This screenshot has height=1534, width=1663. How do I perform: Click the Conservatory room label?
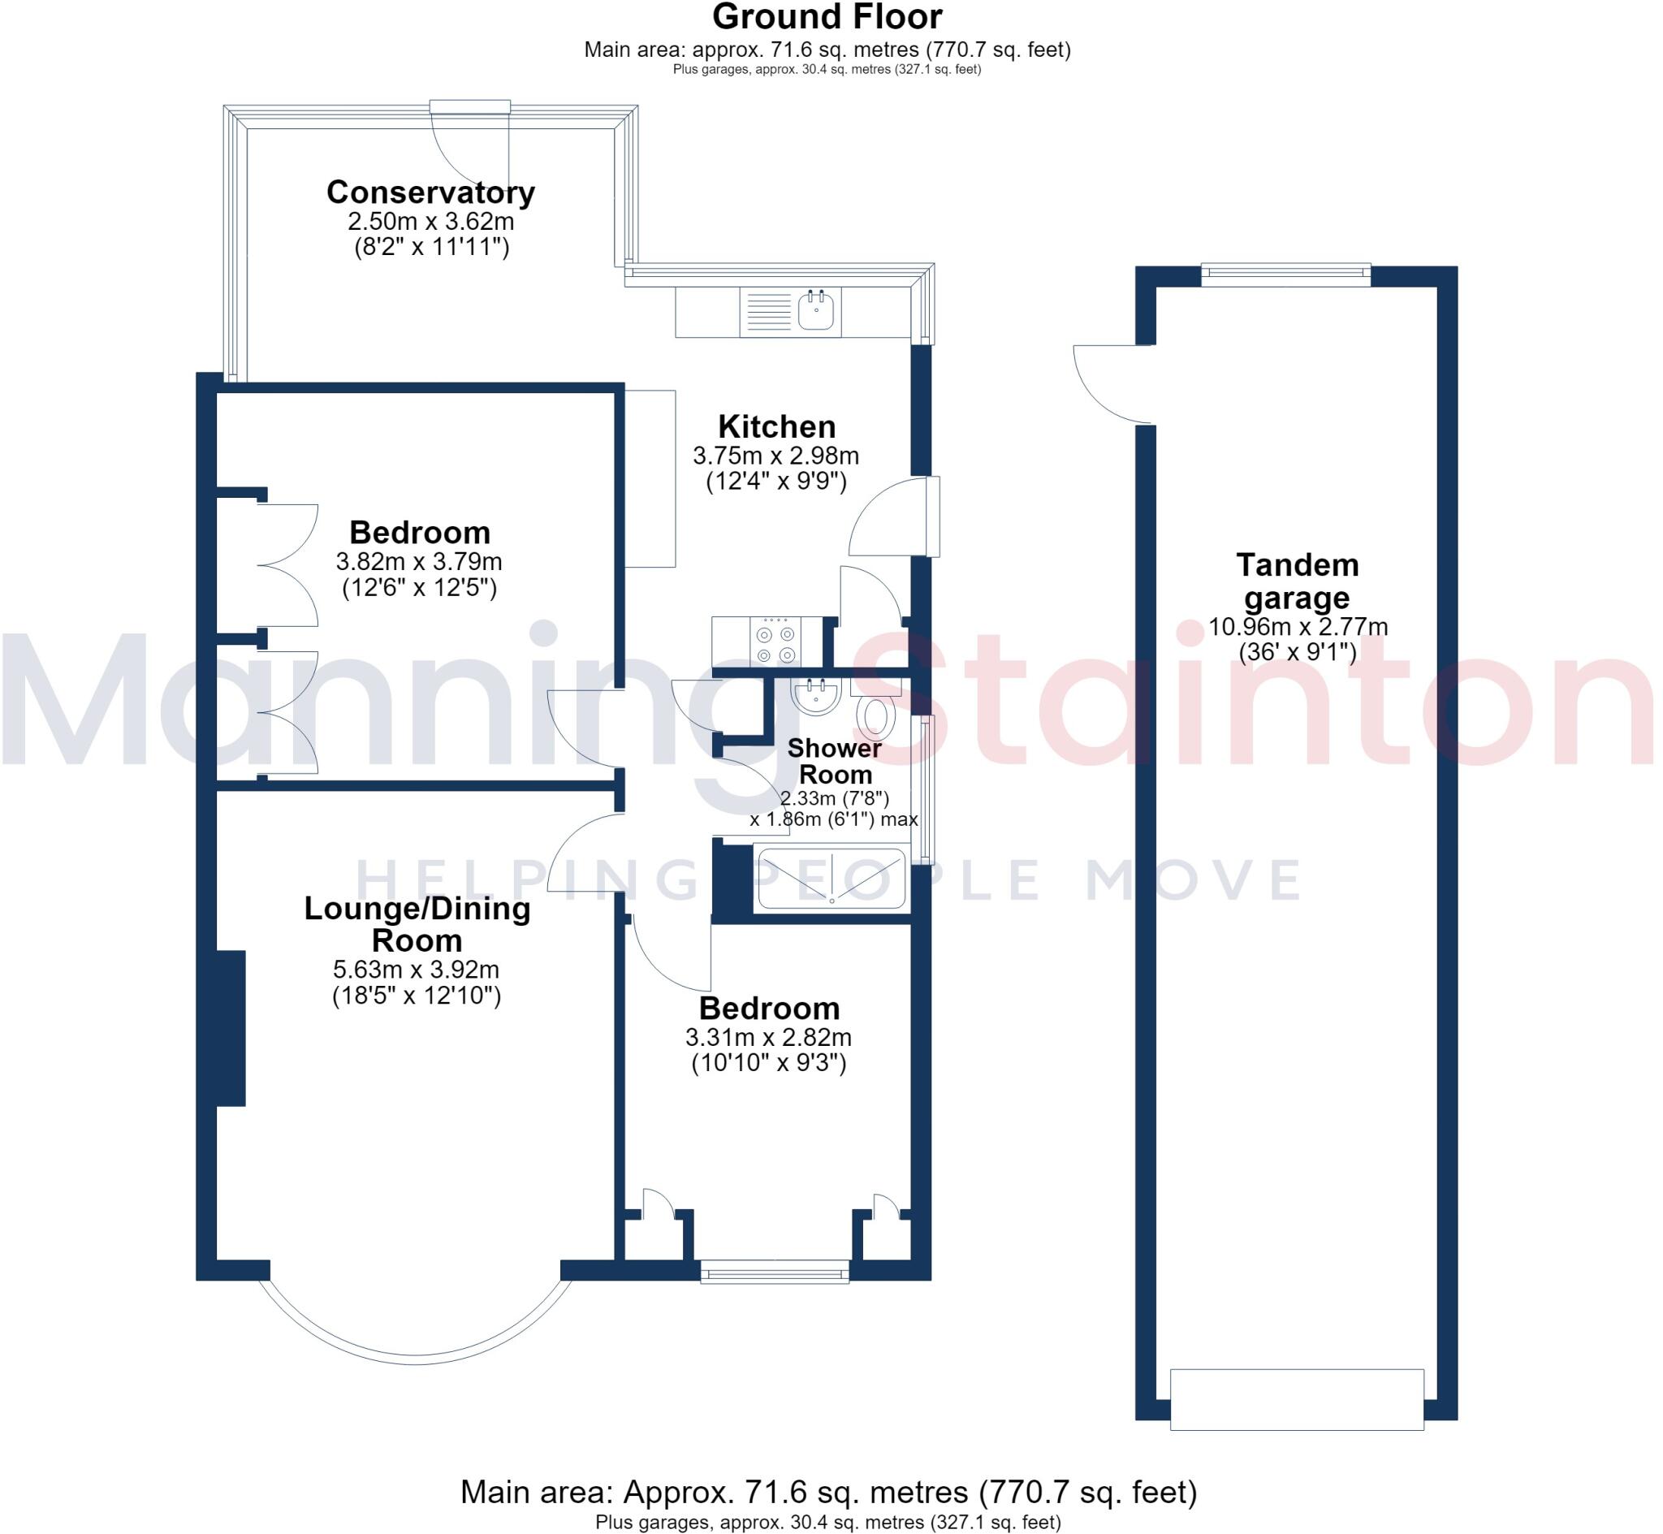pos(430,192)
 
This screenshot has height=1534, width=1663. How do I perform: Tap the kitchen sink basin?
pos(818,313)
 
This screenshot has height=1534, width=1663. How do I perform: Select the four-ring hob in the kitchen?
pos(776,642)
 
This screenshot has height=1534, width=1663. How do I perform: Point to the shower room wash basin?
pos(817,696)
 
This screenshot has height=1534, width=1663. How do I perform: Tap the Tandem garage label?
pos(1298,581)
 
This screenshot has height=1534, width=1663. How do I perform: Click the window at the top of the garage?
pos(1285,274)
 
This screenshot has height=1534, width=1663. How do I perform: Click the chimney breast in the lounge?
pos(231,1028)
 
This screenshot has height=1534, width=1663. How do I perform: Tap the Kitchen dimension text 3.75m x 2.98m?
pos(776,456)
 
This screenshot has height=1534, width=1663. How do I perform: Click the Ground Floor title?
pos(827,17)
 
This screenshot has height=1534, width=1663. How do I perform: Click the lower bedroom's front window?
pos(775,1272)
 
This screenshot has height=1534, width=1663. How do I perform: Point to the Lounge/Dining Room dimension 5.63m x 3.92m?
pos(416,970)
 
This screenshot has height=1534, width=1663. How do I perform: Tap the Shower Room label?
pos(834,761)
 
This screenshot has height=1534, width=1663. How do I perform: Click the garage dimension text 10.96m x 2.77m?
pos(1298,627)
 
